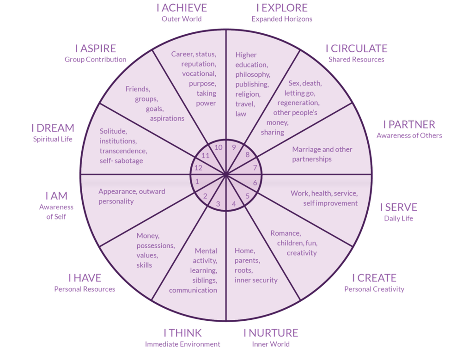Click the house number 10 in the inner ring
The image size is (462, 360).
[219, 147]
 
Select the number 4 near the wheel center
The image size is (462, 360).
[234, 204]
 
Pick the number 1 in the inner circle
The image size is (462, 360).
[197, 182]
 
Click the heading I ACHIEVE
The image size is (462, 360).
[182, 8]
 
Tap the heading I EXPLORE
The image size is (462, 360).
[281, 8]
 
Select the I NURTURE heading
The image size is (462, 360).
[271, 333]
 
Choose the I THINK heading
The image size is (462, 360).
[183, 333]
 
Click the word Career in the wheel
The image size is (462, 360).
[182, 54]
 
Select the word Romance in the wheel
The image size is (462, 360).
[286, 232]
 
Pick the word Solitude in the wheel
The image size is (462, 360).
[113, 131]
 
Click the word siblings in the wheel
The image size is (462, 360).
[205, 280]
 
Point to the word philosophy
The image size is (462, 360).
[253, 74]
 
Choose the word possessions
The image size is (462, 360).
[155, 245]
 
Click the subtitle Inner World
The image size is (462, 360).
[271, 344]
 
